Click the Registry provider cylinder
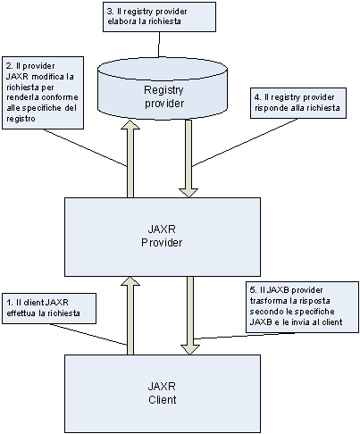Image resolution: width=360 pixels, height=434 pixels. click(x=163, y=88)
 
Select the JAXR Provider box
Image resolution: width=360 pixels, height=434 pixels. click(x=163, y=237)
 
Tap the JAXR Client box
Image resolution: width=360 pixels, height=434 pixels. click(x=163, y=394)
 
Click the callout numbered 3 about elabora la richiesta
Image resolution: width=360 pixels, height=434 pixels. click(x=159, y=17)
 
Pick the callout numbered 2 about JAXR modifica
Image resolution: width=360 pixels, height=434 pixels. click(x=43, y=93)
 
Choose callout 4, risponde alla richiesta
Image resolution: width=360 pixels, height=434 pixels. click(x=298, y=103)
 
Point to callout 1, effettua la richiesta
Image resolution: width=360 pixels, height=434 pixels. click(x=49, y=308)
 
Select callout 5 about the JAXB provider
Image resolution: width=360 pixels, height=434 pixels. click(x=302, y=307)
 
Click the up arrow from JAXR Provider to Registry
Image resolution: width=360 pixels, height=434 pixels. click(x=130, y=159)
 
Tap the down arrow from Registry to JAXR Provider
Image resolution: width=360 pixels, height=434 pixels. click(x=188, y=159)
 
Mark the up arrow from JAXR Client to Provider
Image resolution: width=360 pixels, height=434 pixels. click(x=130, y=315)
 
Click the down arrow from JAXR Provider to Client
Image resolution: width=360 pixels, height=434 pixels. click(x=189, y=315)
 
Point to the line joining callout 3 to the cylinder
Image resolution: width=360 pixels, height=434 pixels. click(x=159, y=44)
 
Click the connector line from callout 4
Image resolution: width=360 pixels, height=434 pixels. click(x=245, y=143)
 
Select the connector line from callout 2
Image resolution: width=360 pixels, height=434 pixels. click(x=85, y=147)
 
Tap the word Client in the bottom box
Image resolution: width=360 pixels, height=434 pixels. click(x=163, y=399)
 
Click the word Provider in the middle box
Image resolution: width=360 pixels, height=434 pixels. click(x=162, y=243)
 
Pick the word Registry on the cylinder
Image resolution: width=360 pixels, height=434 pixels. click(x=163, y=90)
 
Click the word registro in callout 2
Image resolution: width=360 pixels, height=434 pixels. click(x=21, y=119)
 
